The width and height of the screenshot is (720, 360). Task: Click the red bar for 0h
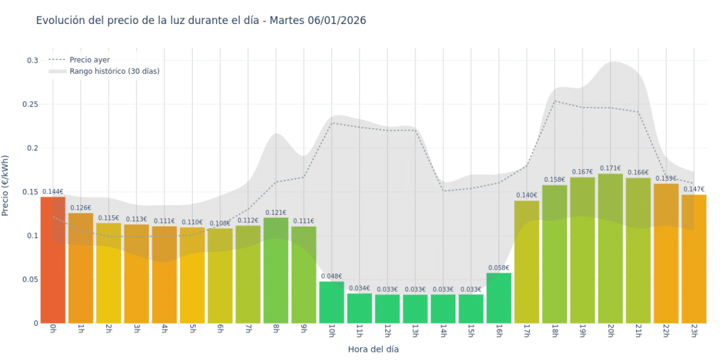pyautogui.click(x=53, y=260)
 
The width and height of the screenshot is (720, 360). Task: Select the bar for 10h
pyautogui.click(x=332, y=303)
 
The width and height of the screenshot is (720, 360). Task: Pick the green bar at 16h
pyautogui.click(x=499, y=298)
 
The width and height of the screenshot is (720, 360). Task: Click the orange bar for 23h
pyautogui.click(x=693, y=259)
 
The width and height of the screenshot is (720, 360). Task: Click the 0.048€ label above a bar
pyautogui.click(x=332, y=277)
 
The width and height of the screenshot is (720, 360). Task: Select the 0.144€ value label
pyautogui.click(x=53, y=192)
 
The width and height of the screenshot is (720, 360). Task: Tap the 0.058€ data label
pyautogui.click(x=499, y=268)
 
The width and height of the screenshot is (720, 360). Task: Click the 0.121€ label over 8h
pyautogui.click(x=276, y=213)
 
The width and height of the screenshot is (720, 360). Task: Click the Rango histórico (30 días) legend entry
pyautogui.click(x=114, y=71)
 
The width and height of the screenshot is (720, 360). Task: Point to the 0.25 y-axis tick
pyautogui.click(x=32, y=104)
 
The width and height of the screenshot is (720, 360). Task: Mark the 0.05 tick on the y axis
pyautogui.click(x=32, y=279)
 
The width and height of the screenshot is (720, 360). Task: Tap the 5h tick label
pyautogui.click(x=192, y=331)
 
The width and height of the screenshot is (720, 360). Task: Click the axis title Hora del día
pyautogui.click(x=373, y=349)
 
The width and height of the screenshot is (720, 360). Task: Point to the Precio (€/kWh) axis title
pyautogui.click(x=6, y=186)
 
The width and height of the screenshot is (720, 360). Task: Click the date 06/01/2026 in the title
pyautogui.click(x=337, y=21)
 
